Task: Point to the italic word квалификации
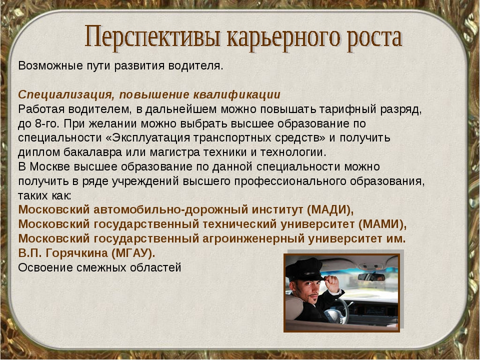coord(236,94)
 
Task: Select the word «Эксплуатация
coord(148,138)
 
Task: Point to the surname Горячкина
coord(77,253)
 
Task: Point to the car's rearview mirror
coord(371,277)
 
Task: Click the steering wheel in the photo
coord(336,310)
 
